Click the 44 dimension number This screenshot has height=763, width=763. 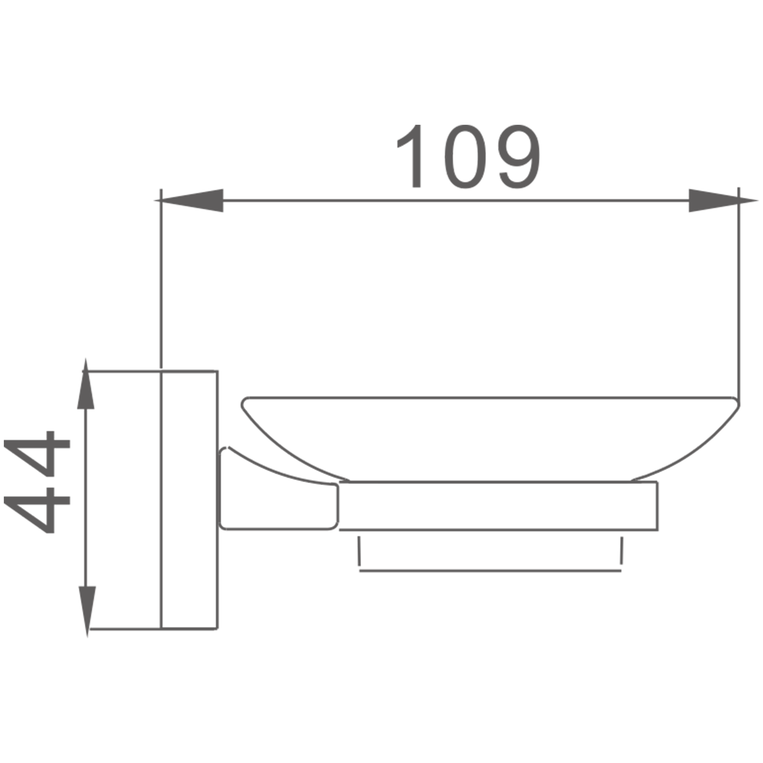point(37,482)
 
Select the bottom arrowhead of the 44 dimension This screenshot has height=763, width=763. point(87,612)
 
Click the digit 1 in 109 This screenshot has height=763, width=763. point(411,156)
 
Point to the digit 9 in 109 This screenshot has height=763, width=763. point(519,156)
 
